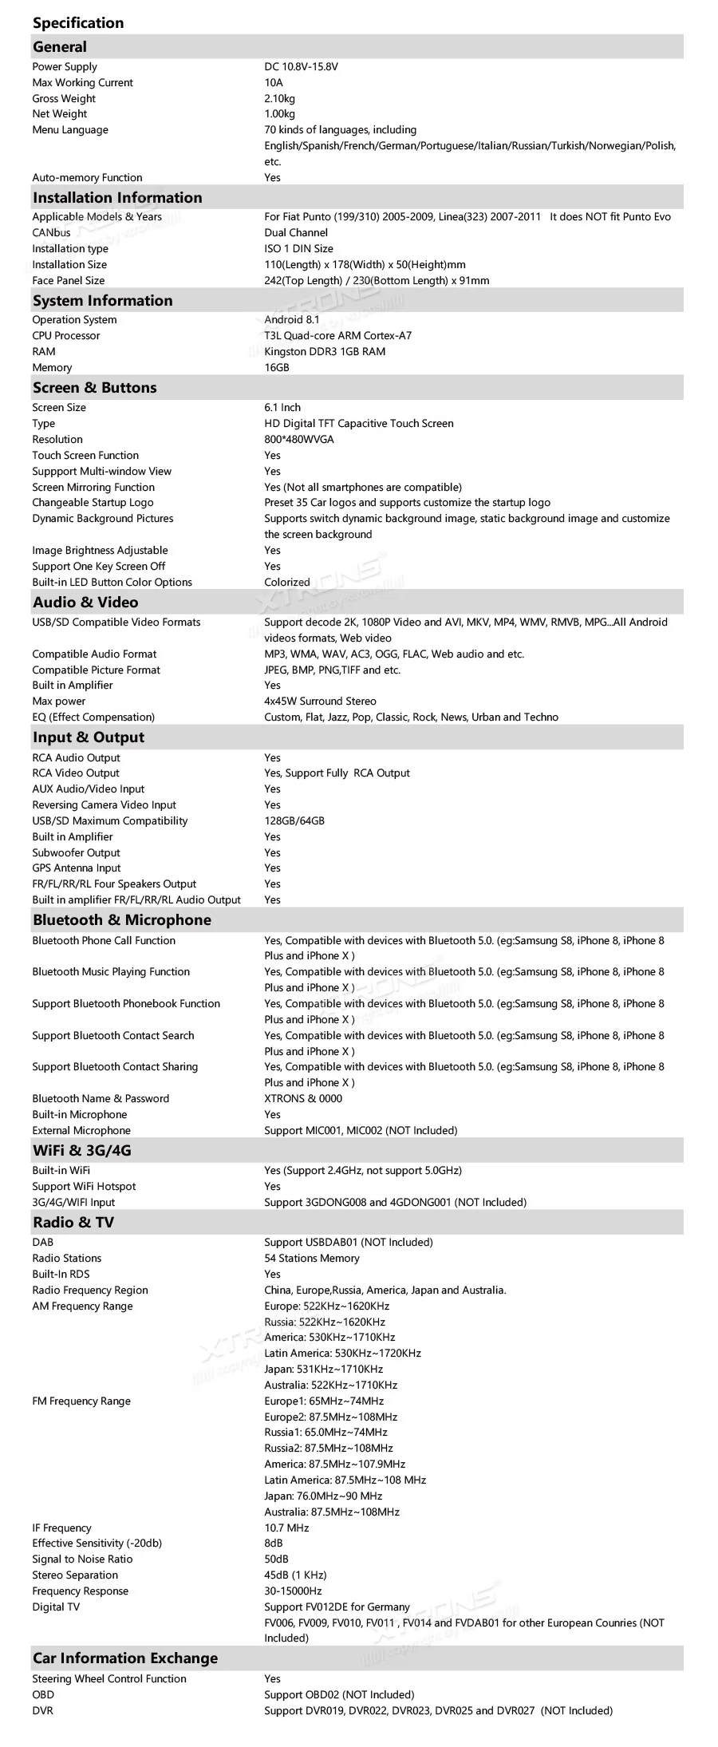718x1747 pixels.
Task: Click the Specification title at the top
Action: click(78, 23)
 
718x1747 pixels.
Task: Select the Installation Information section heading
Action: click(117, 197)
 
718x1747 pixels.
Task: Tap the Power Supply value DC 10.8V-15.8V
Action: click(301, 67)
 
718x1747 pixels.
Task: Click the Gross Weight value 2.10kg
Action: click(279, 99)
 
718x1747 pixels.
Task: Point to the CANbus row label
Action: click(51, 233)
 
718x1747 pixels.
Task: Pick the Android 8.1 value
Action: click(291, 320)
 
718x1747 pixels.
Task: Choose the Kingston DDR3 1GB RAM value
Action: click(324, 352)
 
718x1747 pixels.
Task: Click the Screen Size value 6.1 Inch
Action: click(282, 408)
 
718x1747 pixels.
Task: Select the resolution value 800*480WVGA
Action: click(298, 440)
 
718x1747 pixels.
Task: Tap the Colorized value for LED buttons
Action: click(286, 583)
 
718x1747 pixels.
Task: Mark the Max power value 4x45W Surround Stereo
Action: click(320, 702)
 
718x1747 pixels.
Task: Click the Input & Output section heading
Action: click(89, 737)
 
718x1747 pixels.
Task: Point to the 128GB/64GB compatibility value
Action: click(294, 821)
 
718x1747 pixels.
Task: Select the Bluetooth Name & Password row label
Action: click(101, 1099)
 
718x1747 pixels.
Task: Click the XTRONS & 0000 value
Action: click(302, 1099)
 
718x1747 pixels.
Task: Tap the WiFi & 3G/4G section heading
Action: click(81, 1151)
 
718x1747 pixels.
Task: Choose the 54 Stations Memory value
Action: click(311, 1259)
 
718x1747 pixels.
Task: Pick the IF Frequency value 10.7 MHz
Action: click(286, 1528)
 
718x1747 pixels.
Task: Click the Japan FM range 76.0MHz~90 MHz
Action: click(323, 1496)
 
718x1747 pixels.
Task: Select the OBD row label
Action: click(43, 1694)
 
